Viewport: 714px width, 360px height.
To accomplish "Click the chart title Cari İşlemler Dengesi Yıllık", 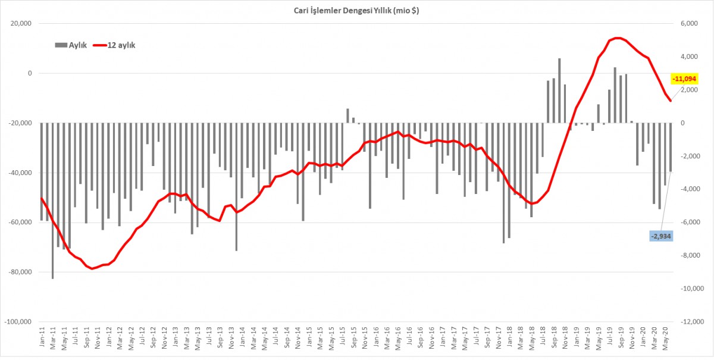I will coord(356,11).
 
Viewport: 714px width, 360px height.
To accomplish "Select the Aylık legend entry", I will coord(71,45).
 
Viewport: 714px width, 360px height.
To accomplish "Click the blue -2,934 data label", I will coord(662,236).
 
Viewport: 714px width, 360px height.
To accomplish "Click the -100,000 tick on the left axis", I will coord(19,322).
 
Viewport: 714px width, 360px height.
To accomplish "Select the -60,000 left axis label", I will coord(21,223).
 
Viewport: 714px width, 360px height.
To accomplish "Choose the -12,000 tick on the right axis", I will coord(689,322).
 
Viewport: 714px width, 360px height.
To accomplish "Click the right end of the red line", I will coord(671,101).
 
